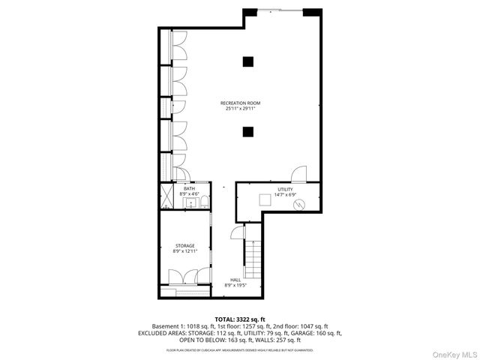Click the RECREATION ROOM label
point(240,103)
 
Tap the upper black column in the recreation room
point(247,61)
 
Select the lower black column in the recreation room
point(247,132)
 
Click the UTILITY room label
point(284,189)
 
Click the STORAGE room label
point(184,245)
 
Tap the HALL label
point(235,280)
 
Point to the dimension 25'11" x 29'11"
point(240,109)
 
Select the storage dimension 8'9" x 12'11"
point(184,251)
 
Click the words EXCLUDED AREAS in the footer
point(163,332)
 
